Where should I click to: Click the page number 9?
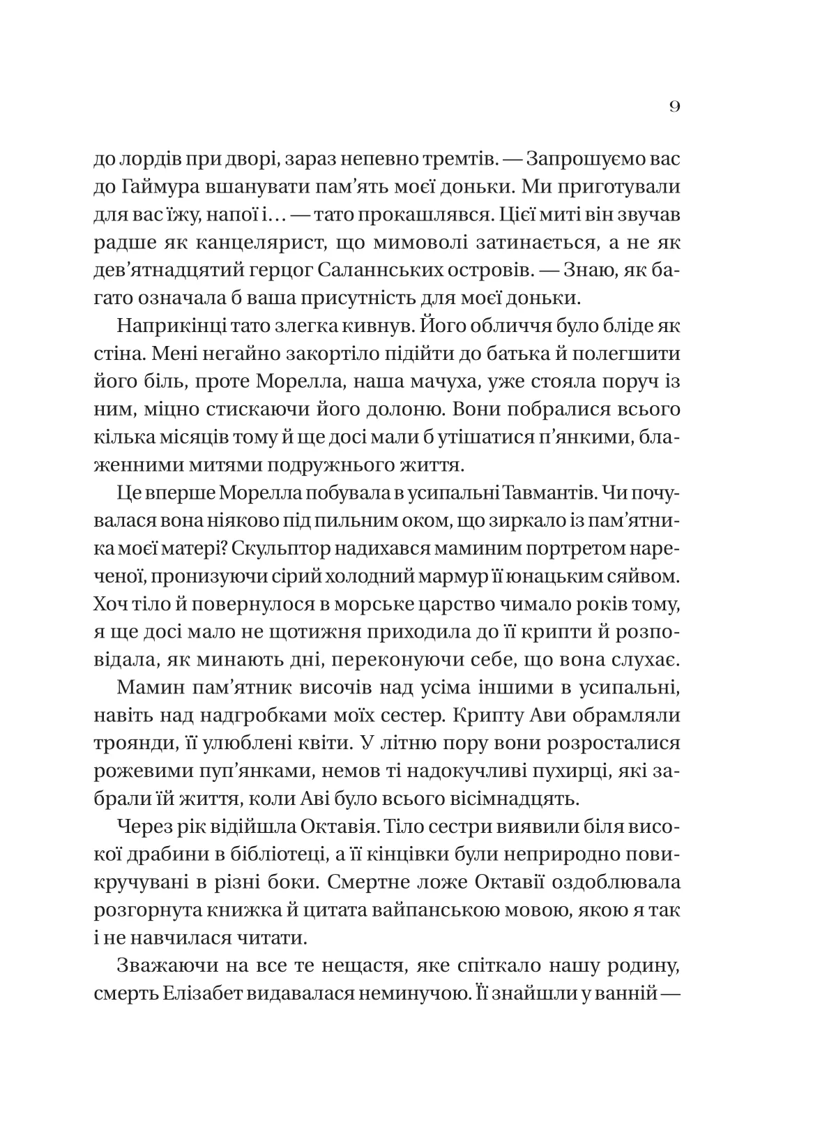tap(674, 107)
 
